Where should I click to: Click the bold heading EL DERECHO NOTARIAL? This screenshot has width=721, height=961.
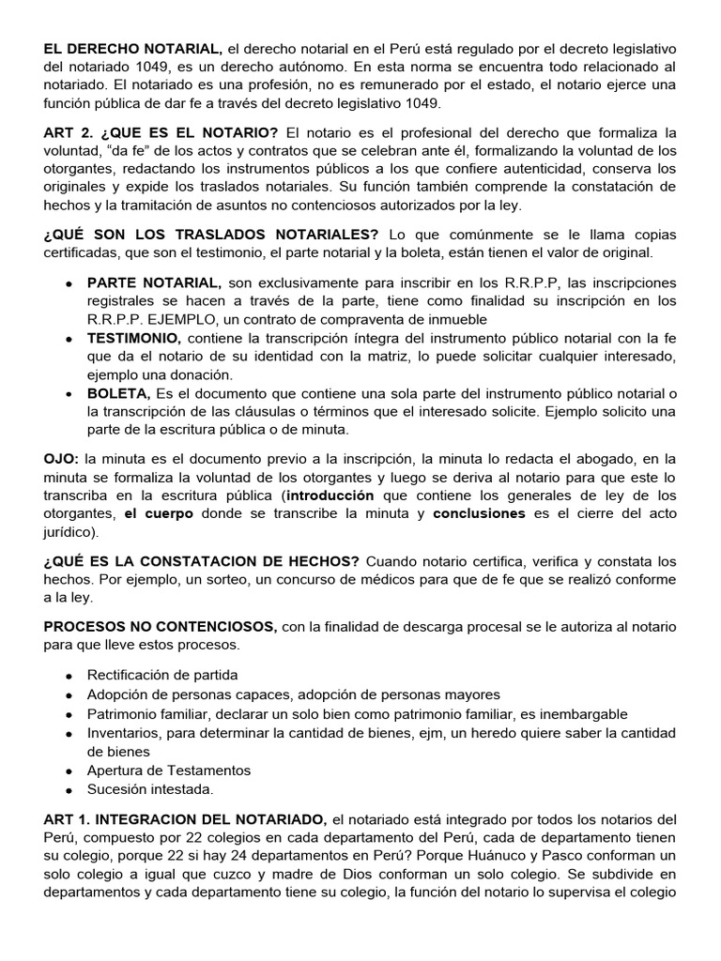(x=132, y=49)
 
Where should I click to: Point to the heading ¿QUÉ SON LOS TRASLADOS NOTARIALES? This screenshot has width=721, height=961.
(x=211, y=235)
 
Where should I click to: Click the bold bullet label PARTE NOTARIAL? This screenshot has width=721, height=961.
(x=155, y=283)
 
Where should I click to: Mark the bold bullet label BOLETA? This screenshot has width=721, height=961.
(x=118, y=393)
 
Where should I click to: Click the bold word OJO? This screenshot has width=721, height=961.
(x=62, y=459)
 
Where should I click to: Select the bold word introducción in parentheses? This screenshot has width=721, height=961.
(x=330, y=496)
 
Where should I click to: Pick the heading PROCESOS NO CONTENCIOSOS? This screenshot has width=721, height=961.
(x=160, y=627)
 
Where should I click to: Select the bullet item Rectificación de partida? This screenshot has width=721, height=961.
(x=162, y=675)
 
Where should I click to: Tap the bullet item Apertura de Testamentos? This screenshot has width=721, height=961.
(x=169, y=770)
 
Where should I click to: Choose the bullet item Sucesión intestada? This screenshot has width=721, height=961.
(x=150, y=789)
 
